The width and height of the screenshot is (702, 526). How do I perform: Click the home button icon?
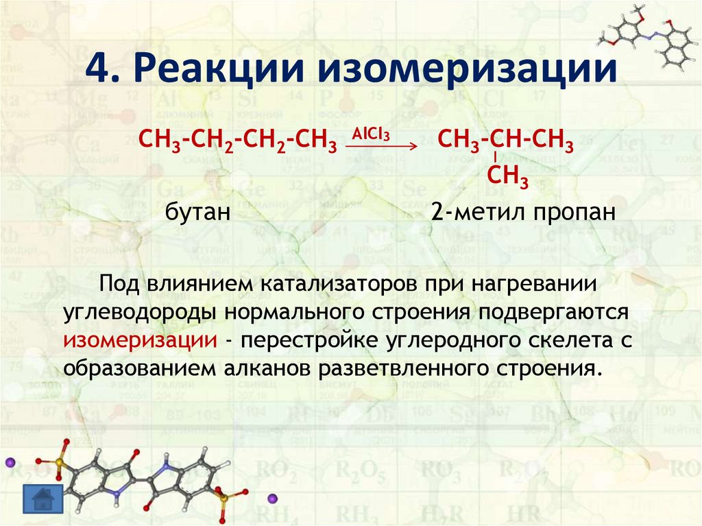pyautogui.click(x=43, y=499)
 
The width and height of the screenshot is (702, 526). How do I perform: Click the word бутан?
pyautogui.click(x=196, y=212)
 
